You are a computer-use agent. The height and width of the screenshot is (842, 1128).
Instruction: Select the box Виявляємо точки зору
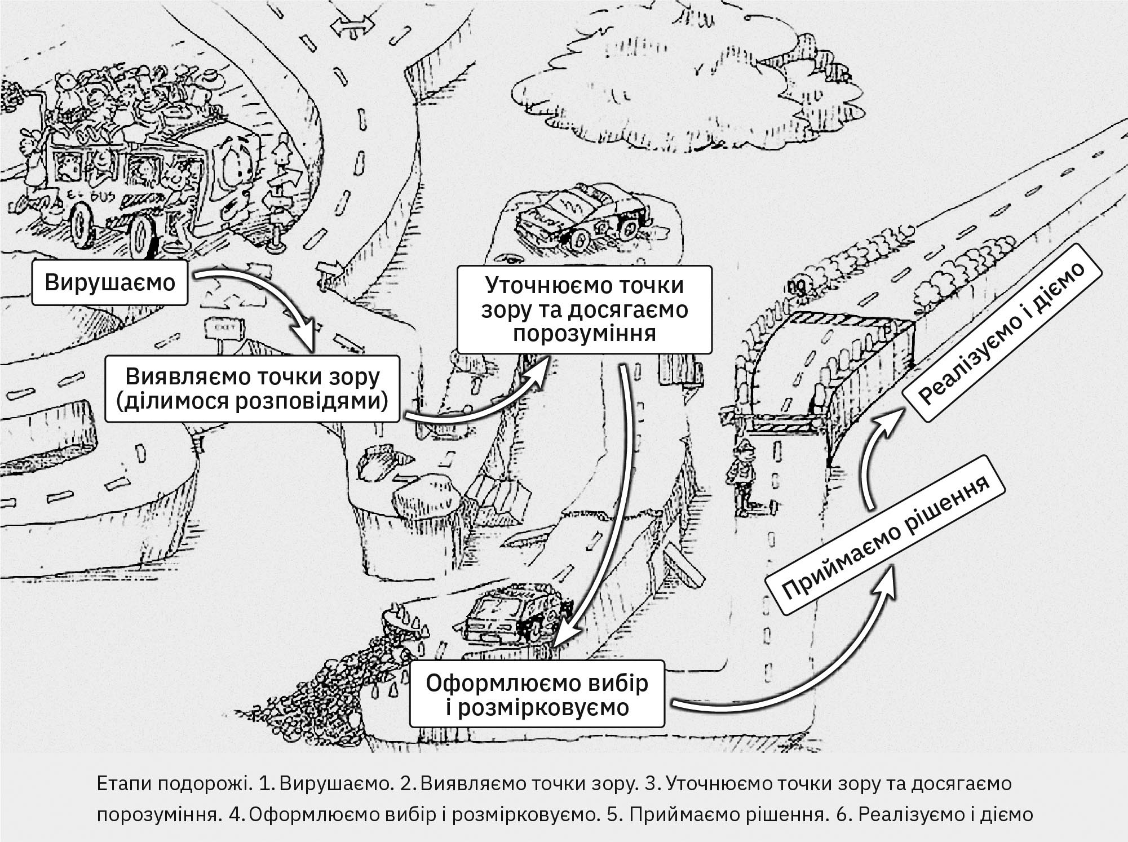252,389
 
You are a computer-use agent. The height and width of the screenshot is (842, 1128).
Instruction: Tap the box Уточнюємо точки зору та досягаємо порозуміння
584,309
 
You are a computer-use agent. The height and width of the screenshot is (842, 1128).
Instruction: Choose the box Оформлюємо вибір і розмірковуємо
537,694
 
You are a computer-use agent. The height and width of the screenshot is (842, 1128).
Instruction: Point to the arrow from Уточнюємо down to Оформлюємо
609,507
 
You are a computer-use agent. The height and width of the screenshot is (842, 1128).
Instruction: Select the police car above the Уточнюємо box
581,217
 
